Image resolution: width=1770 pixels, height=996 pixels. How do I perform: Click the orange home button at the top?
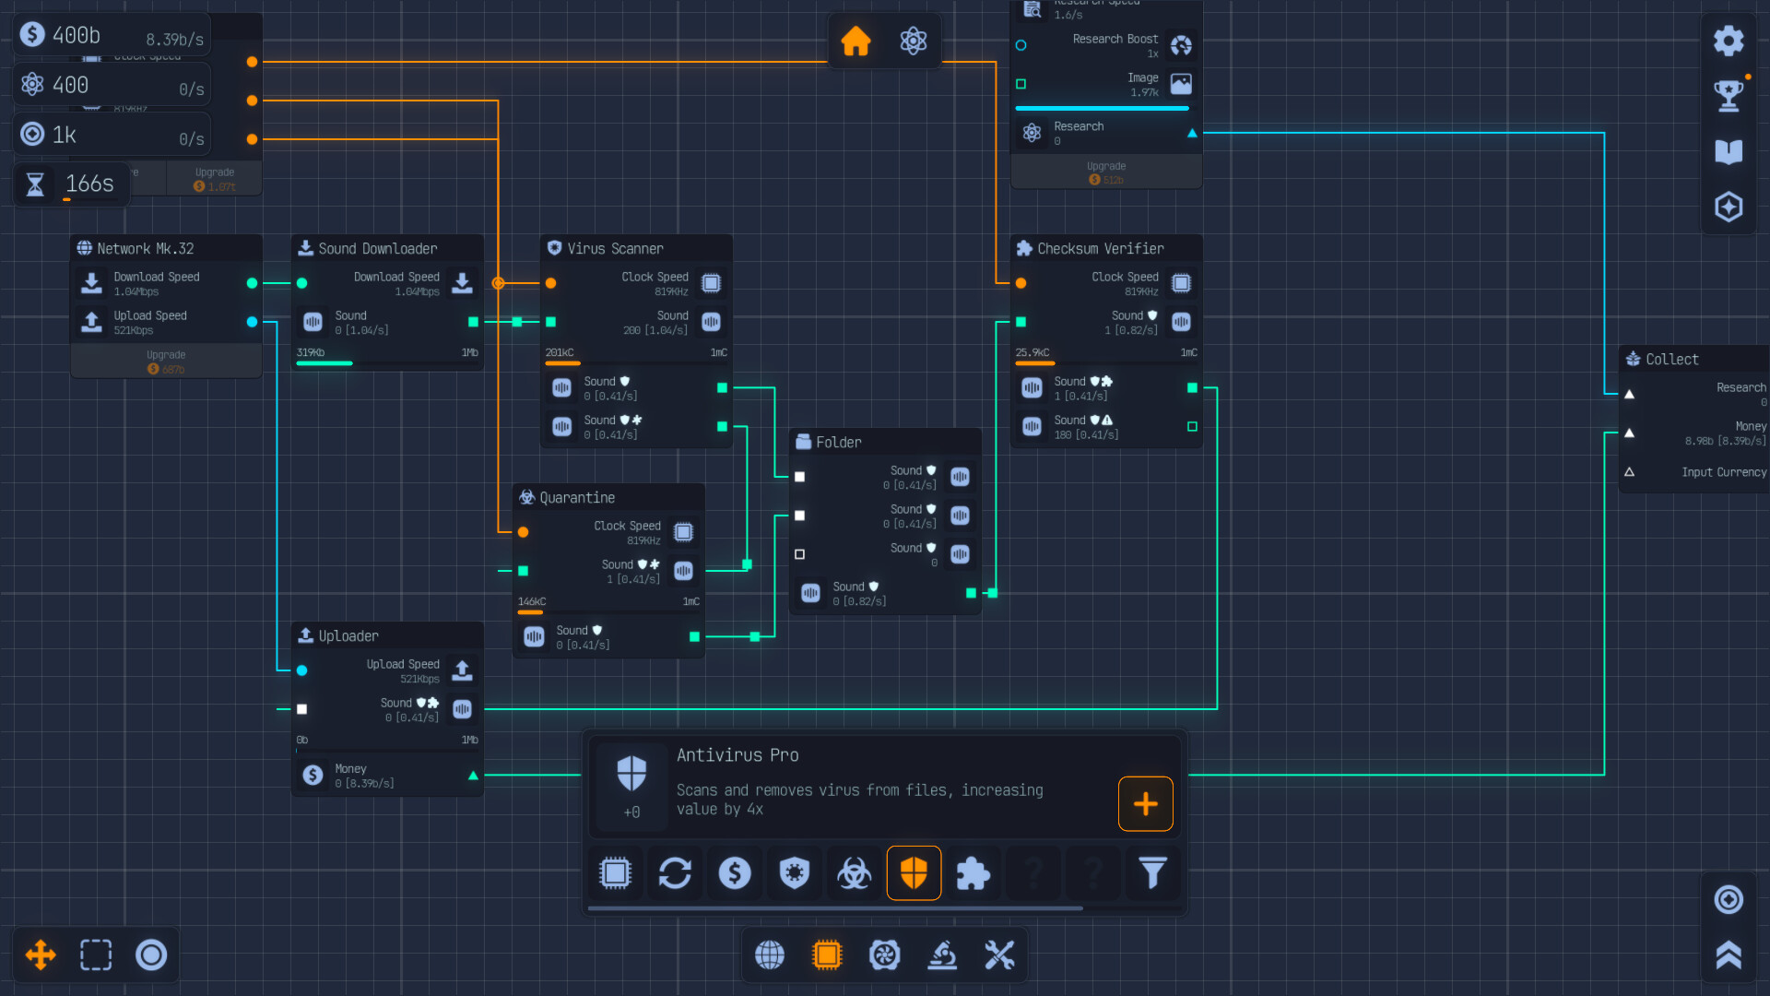coord(855,41)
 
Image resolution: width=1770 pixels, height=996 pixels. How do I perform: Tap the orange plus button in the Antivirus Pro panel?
coord(1145,803)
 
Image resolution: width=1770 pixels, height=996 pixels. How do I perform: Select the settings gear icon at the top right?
coord(1728,41)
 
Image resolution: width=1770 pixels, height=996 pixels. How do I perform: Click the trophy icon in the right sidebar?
coord(1728,95)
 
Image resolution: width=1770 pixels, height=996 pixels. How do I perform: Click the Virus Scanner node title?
coord(614,249)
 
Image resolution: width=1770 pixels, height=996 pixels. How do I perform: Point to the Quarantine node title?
coord(576,498)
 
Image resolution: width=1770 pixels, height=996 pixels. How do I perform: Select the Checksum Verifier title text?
coord(1100,249)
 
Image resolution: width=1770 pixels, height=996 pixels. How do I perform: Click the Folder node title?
coord(838,443)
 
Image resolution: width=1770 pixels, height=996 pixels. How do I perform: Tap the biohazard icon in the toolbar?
coord(854,872)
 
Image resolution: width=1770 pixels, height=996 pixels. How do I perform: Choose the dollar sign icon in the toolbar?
coord(735,872)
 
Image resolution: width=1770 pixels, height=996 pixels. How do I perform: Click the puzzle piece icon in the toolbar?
coord(973,872)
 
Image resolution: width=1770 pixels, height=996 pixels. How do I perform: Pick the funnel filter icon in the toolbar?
coord(1152,872)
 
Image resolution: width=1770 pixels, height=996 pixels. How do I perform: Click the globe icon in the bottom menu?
coord(770,955)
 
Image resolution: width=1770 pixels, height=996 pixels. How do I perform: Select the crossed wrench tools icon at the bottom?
coord(999,955)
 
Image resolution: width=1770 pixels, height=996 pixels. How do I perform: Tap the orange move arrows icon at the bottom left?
coord(41,954)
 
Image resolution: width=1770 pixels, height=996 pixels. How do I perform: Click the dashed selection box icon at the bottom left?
coord(96,954)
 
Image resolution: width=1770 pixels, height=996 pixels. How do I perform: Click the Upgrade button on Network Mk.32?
coord(166,362)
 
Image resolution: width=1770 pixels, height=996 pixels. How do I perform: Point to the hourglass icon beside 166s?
coord(35,184)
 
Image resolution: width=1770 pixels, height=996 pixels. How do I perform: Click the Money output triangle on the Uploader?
coord(473,776)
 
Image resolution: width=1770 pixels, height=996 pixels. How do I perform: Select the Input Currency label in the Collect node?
coord(1723,472)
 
